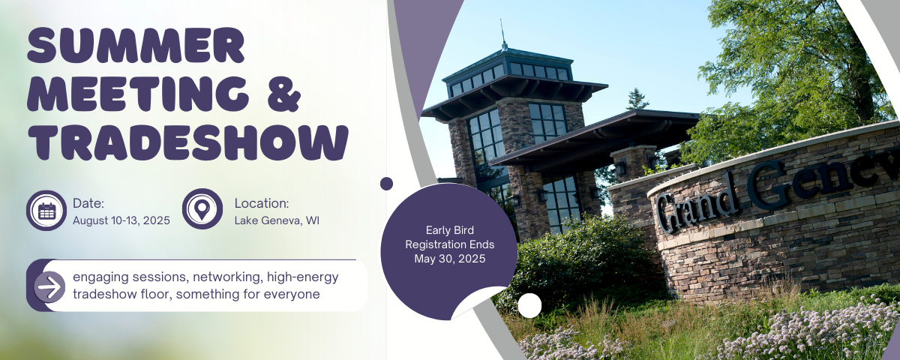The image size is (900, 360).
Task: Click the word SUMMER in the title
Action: coord(136,45)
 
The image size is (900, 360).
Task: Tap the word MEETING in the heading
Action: coord(138,94)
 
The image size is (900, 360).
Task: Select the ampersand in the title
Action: coord(283,94)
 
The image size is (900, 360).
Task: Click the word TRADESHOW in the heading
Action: coord(188,142)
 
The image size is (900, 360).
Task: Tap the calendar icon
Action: coord(46,211)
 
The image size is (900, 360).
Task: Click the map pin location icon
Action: coord(202,209)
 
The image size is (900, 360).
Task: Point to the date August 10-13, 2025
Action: coord(121,220)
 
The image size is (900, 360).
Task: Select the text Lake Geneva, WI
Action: coord(277,220)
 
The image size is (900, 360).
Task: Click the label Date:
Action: coord(88,203)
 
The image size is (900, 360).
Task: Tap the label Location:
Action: coord(262,203)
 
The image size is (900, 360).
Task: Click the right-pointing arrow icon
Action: coord(49,286)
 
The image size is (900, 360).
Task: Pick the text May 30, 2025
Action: coord(449,259)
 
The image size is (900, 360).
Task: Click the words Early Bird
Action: coord(449,230)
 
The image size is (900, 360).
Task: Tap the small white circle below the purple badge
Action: coord(529,305)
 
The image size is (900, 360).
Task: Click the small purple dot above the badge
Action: coord(386,184)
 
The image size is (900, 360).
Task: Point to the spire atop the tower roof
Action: coord(502,34)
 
